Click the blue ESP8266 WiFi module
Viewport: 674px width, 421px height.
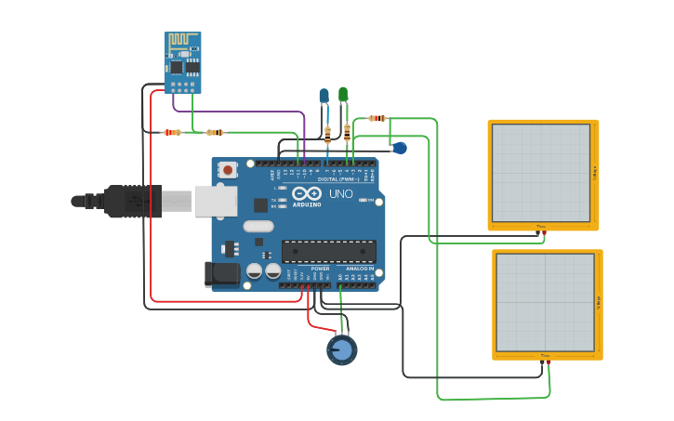(182, 61)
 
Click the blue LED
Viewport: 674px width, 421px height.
(324, 96)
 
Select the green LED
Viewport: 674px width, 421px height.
(343, 94)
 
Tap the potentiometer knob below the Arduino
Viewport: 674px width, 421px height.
(341, 349)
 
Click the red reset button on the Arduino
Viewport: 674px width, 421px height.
(228, 170)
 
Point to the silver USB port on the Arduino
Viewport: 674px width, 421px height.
(216, 201)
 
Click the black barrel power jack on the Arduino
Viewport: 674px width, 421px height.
(221, 272)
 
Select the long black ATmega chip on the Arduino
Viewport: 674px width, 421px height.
(329, 251)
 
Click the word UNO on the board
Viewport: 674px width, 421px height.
(341, 194)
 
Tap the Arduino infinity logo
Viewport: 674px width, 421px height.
(306, 194)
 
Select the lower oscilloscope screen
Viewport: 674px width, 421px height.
(545, 303)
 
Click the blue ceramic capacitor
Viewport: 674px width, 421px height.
(399, 148)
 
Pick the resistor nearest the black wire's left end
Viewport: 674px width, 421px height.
(173, 132)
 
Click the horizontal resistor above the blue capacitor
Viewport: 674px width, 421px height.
(377, 118)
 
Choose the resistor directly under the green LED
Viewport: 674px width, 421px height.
(347, 133)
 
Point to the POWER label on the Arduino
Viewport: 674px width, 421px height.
(320, 269)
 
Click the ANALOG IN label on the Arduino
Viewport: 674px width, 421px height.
(361, 269)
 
